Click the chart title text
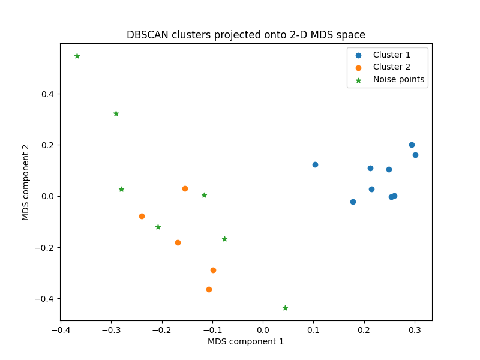click(x=246, y=35)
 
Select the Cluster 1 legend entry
click(x=391, y=55)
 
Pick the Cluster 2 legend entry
click(x=391, y=67)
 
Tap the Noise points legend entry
click(x=398, y=79)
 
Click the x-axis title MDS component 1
click(x=246, y=341)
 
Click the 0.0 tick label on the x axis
click(x=263, y=329)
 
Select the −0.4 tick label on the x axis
click(x=60, y=329)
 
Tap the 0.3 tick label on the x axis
click(x=415, y=329)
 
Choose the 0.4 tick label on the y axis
click(x=47, y=94)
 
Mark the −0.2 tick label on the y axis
click(x=45, y=247)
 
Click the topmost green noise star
click(x=77, y=56)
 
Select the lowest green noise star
click(x=285, y=308)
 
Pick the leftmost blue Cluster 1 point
click(x=315, y=164)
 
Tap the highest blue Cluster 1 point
click(x=412, y=145)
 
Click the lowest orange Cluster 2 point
click(x=209, y=289)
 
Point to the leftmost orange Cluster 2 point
click(x=142, y=216)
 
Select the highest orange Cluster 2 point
click(x=185, y=188)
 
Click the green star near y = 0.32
click(x=116, y=113)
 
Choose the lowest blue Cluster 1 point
click(x=353, y=202)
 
